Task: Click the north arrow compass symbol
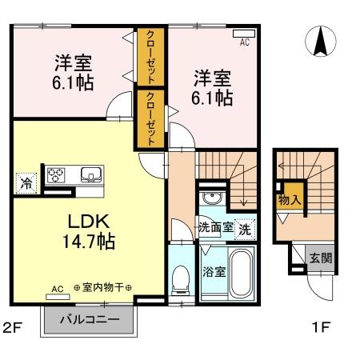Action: pos(321,42)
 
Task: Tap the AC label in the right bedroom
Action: pos(245,43)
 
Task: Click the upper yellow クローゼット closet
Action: pos(150,56)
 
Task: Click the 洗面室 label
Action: pos(216,227)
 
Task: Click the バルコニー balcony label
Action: pos(94,321)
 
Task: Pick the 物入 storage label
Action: pos(286,201)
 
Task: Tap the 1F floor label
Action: pos(321,327)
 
